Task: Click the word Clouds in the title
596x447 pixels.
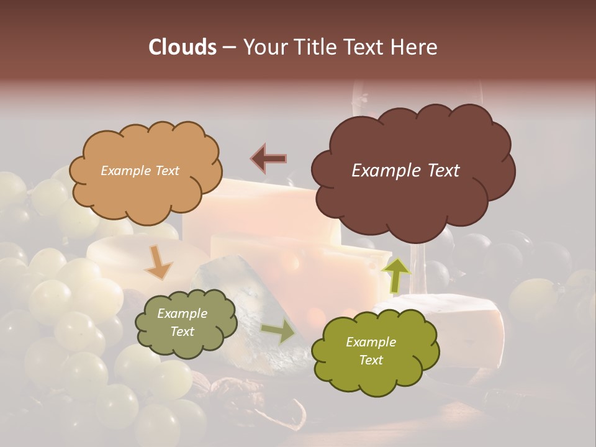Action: pos(182,47)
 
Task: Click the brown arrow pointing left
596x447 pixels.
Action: pos(269,158)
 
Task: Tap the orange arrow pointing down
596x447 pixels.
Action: pos(158,263)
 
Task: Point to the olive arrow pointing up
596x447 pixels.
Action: pos(396,275)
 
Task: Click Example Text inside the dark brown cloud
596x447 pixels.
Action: pos(405,171)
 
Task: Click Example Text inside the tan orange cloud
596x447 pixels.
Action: pos(140,171)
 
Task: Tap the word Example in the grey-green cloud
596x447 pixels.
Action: pos(182,314)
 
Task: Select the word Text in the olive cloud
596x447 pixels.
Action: pos(371,360)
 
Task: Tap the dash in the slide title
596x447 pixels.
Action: pos(228,48)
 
